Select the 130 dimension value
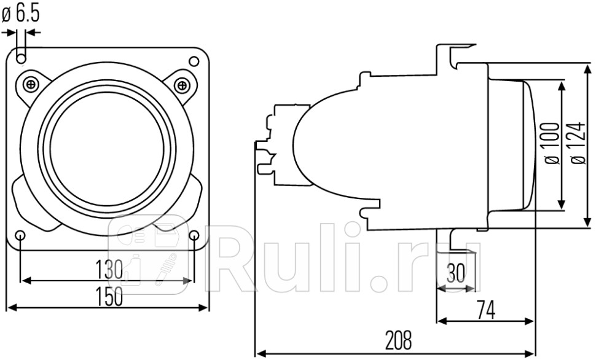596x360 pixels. (109, 270)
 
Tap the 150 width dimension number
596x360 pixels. (109, 296)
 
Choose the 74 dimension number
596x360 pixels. (485, 309)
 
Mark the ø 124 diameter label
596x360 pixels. (578, 143)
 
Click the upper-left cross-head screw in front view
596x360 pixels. (31, 84)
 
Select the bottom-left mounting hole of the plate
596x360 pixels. (21, 235)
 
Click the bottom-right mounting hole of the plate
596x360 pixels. (194, 235)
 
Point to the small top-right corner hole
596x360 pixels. (194, 61)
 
